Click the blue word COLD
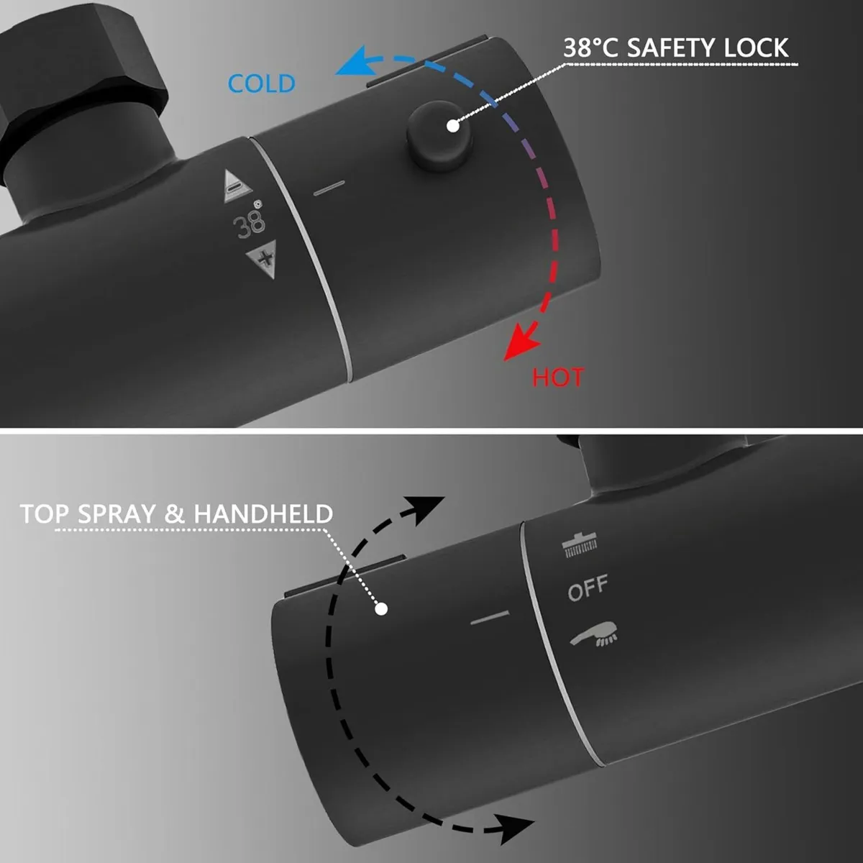click(x=262, y=83)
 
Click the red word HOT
click(x=557, y=377)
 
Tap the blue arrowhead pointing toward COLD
click(x=356, y=61)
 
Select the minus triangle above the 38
click(x=237, y=186)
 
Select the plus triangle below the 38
click(x=262, y=258)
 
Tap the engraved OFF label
click(x=588, y=588)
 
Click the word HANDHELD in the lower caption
click(x=263, y=513)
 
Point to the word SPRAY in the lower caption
click(x=117, y=513)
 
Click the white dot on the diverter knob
click(x=381, y=608)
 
